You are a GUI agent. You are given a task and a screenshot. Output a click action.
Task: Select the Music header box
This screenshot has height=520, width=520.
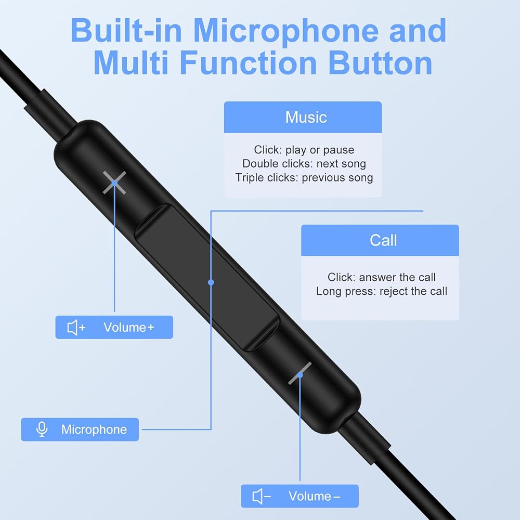click(x=303, y=117)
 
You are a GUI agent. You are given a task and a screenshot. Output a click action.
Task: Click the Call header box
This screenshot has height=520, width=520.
click(x=380, y=240)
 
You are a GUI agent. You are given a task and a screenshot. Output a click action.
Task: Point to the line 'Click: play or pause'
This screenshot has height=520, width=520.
click(x=304, y=150)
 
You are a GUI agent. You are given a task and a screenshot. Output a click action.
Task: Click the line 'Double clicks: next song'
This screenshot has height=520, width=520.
click(x=304, y=163)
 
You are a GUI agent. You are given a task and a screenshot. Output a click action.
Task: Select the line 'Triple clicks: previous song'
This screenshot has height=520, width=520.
click(x=304, y=177)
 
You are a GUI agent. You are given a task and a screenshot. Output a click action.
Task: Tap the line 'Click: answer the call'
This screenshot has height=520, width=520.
click(x=381, y=277)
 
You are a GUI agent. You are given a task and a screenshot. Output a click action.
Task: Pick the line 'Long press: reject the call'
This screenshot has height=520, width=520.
click(x=381, y=291)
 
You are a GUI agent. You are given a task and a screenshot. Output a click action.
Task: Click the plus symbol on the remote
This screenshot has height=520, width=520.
click(x=114, y=183)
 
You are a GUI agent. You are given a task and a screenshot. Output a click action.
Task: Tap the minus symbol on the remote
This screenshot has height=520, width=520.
click(x=300, y=374)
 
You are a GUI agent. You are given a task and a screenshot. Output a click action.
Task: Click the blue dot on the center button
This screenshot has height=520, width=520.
click(x=211, y=282)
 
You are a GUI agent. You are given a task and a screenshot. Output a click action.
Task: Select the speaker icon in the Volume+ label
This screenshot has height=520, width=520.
click(x=76, y=328)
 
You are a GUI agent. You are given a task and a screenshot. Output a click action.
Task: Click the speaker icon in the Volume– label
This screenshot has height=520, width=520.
click(x=262, y=497)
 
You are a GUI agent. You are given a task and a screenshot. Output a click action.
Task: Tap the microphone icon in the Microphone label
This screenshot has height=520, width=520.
click(x=42, y=430)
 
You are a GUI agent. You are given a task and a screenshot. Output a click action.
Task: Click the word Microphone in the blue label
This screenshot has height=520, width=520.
click(x=94, y=430)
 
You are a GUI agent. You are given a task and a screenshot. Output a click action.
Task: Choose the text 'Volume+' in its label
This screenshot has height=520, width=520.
click(x=129, y=327)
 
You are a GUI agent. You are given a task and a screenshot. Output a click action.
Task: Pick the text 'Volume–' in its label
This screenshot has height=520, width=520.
click(x=315, y=496)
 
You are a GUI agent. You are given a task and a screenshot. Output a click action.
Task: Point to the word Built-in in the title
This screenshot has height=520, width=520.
click(x=126, y=31)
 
